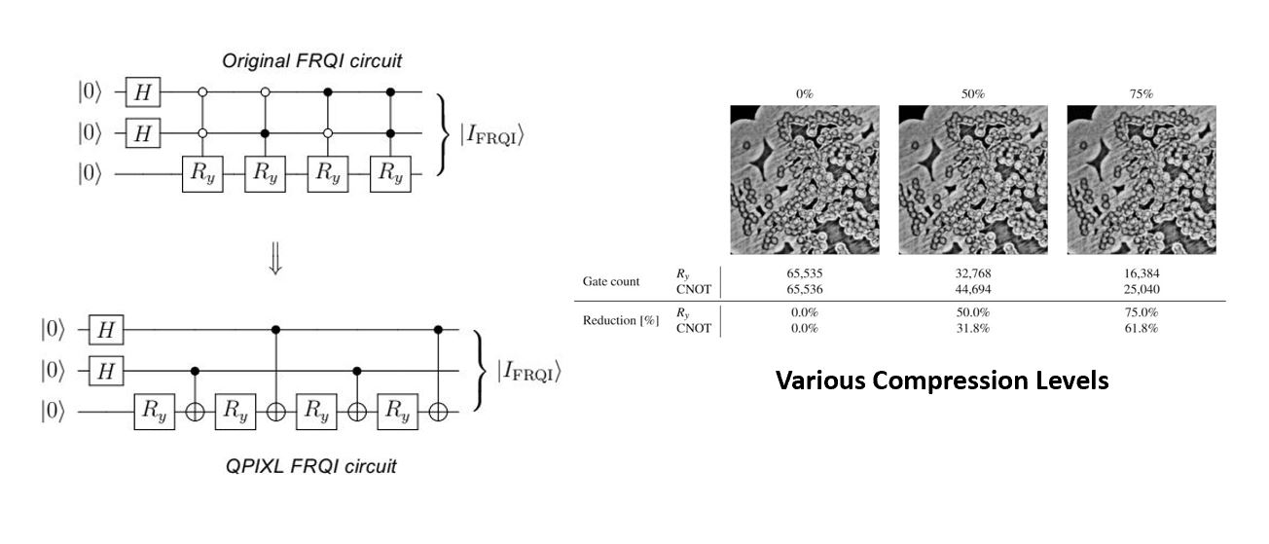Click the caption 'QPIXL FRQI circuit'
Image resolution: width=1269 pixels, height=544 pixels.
point(312,466)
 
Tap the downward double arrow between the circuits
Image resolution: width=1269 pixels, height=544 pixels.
point(275,263)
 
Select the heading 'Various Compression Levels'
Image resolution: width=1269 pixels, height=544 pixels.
point(941,381)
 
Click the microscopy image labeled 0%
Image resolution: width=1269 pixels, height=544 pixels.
point(805,180)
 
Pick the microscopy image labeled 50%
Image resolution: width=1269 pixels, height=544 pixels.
point(973,180)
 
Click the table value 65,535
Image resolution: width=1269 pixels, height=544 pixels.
point(804,274)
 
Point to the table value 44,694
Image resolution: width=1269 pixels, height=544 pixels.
point(972,289)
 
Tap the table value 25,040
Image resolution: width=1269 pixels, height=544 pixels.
point(1141,289)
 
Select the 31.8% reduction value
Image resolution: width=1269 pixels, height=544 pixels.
point(972,328)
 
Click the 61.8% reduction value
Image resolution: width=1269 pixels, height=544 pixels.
point(1141,328)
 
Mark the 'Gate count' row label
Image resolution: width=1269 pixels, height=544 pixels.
point(612,282)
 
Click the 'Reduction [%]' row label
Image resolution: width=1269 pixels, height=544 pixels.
point(614,321)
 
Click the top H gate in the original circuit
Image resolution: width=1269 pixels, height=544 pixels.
point(143,93)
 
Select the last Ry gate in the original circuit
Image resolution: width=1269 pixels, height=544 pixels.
point(390,174)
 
